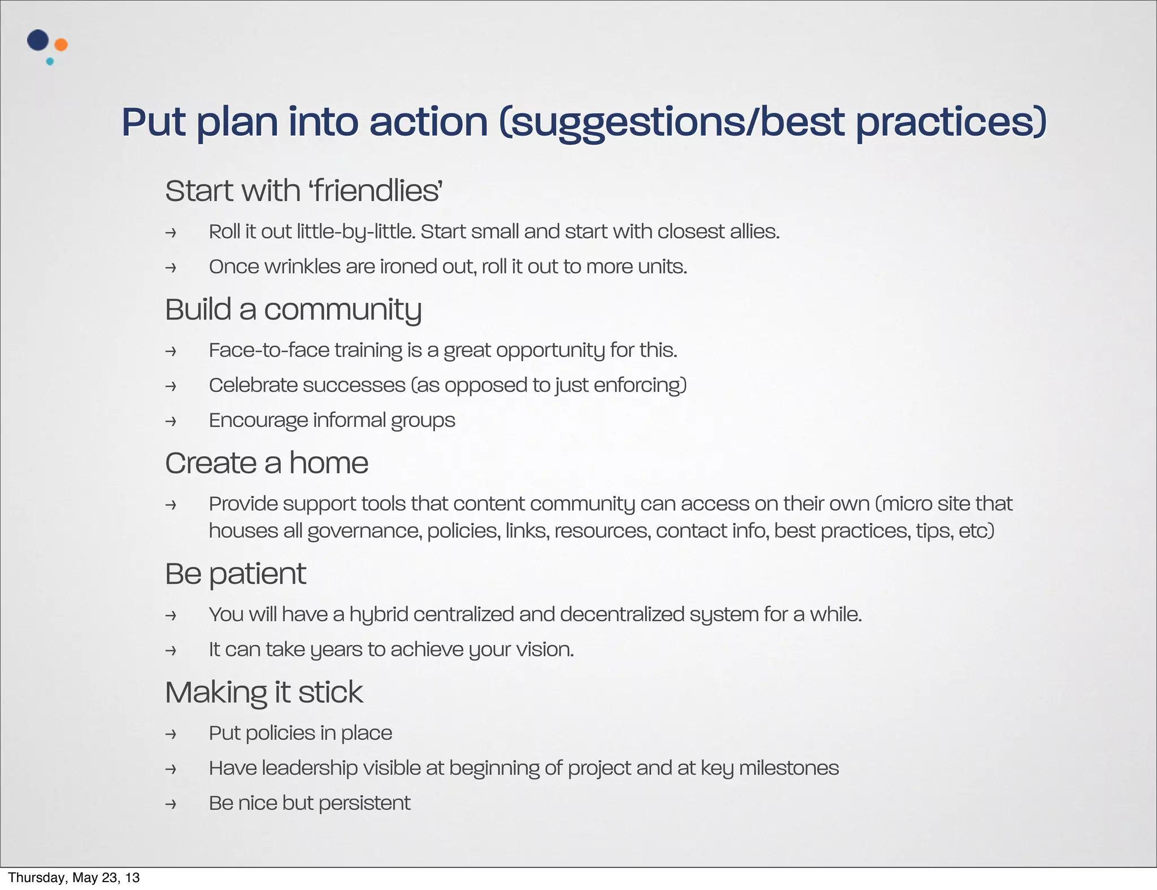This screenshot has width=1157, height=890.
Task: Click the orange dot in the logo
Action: pyautogui.click(x=61, y=45)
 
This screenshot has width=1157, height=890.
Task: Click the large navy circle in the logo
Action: pyautogui.click(x=38, y=40)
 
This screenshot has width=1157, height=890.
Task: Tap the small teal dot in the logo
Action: pyautogui.click(x=50, y=62)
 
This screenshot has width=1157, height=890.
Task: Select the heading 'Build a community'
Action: pyautogui.click(x=293, y=309)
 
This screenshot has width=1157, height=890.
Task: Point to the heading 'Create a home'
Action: pyautogui.click(x=266, y=463)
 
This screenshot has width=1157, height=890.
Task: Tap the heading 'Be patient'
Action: pyautogui.click(x=235, y=574)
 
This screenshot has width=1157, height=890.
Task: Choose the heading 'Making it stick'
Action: pyautogui.click(x=264, y=692)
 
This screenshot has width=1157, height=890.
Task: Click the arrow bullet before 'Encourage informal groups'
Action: pyautogui.click(x=171, y=421)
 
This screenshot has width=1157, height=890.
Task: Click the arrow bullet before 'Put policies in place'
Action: pyautogui.click(x=171, y=734)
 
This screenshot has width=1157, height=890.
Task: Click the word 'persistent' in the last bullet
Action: pyautogui.click(x=364, y=803)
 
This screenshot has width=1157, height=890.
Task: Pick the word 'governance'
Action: pyautogui.click(x=364, y=531)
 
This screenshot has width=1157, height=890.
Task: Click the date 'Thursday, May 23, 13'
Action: pyautogui.click(x=73, y=878)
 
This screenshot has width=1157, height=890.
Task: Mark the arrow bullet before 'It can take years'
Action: pyautogui.click(x=171, y=651)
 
